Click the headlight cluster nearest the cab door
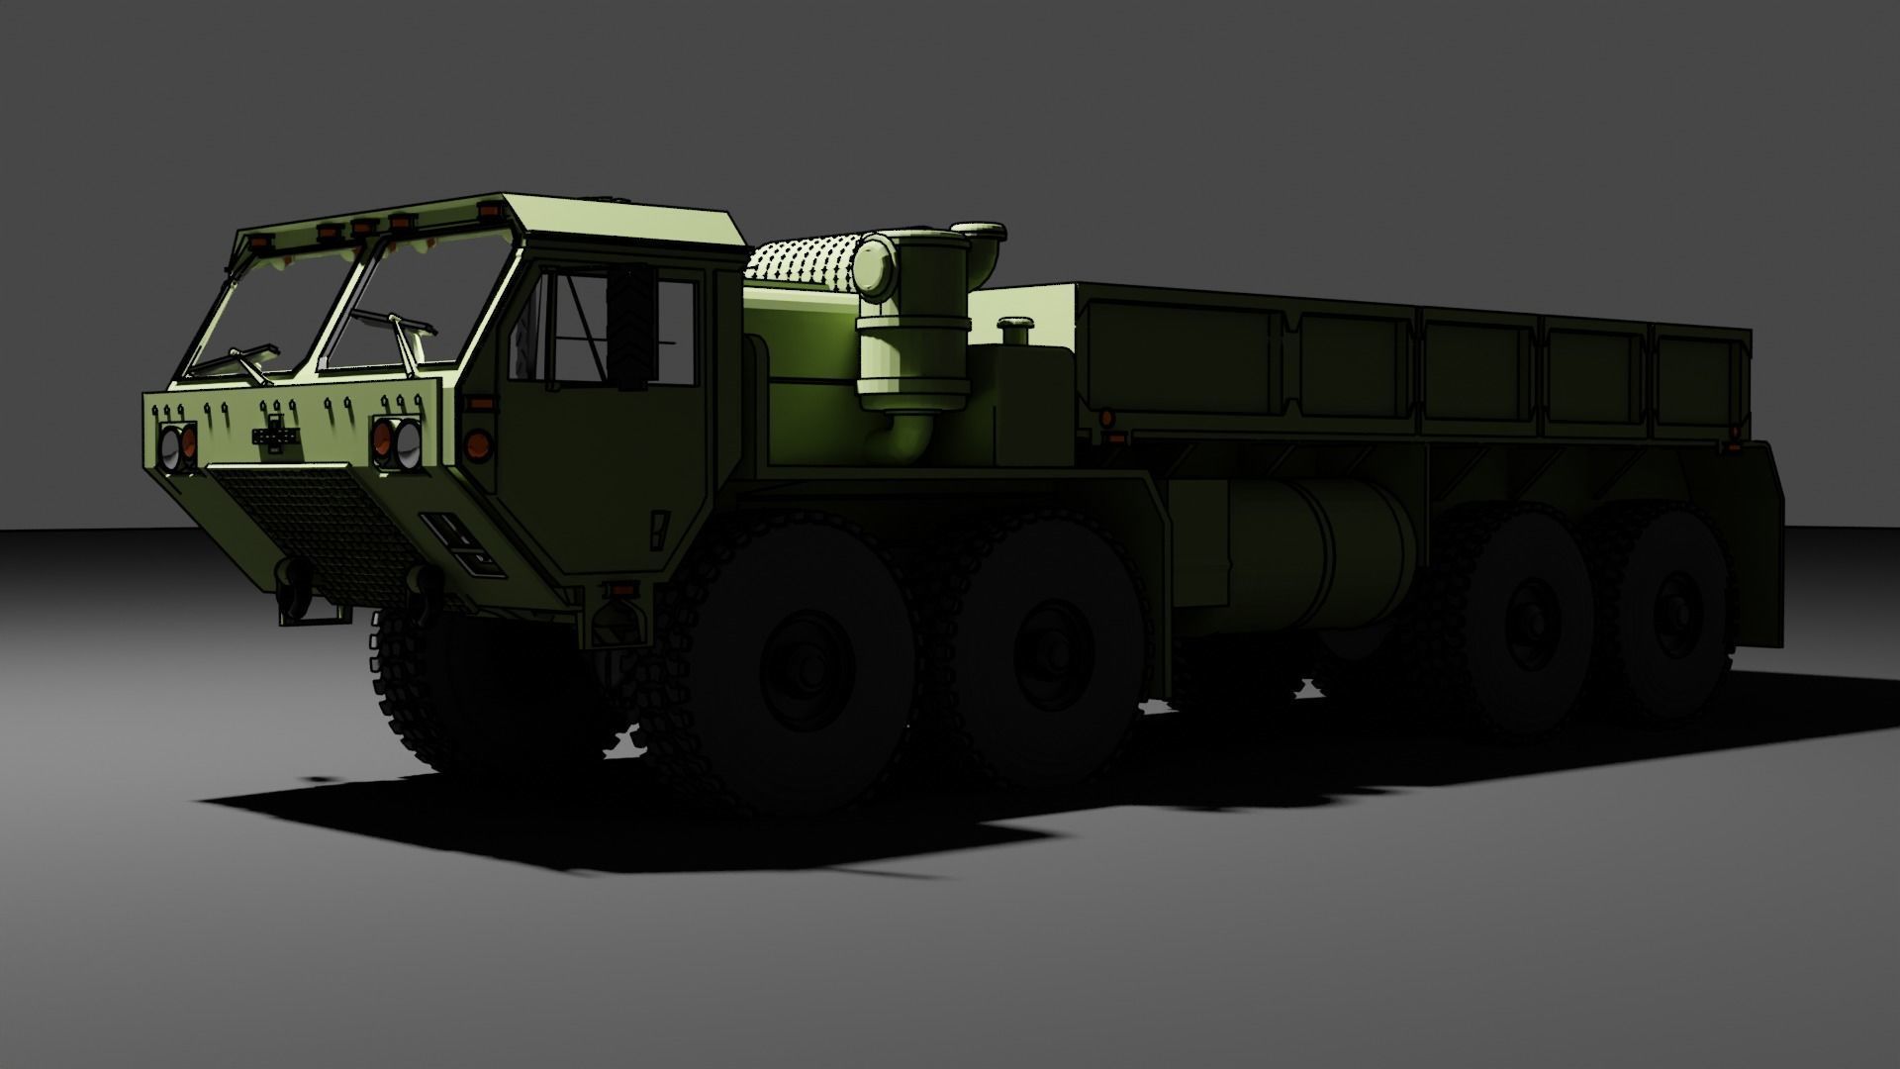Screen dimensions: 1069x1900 (x=396, y=442)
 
